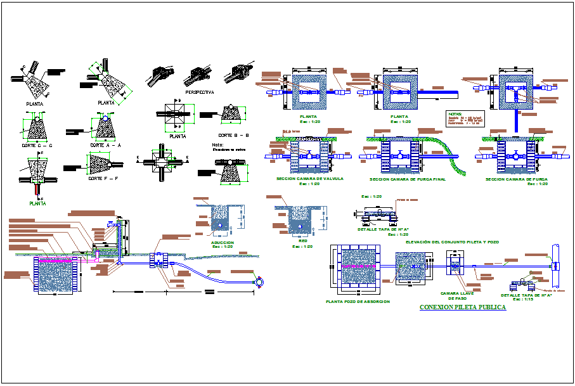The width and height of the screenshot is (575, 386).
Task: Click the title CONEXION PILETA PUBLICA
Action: pyautogui.click(x=462, y=307)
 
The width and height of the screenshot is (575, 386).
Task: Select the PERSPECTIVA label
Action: pyautogui.click(x=199, y=92)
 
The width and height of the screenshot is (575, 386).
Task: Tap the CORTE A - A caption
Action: pyautogui.click(x=105, y=145)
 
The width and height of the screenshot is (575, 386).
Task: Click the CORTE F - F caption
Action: pyautogui.click(x=105, y=179)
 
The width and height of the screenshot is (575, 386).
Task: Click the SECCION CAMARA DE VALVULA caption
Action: pyautogui.click(x=309, y=179)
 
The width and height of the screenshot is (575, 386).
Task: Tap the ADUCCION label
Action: pyautogui.click(x=223, y=242)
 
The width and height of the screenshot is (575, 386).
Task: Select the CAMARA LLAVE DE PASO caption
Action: pyautogui.click(x=457, y=296)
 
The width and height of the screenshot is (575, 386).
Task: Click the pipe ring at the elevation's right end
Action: pyautogui.click(x=259, y=281)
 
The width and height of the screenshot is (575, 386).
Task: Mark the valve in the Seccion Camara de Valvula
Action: pyautogui.click(x=309, y=155)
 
